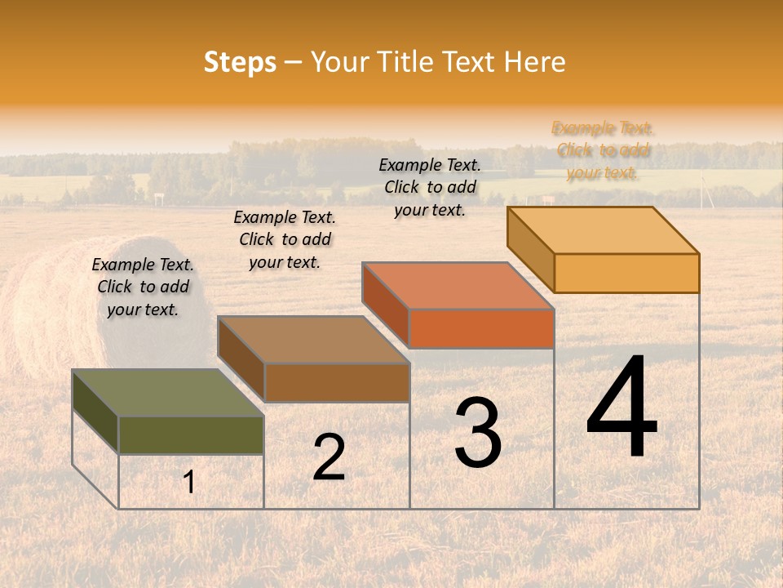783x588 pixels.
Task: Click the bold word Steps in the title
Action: coord(240,62)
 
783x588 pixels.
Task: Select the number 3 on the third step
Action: coord(478,432)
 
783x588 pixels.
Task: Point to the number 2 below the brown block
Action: coord(329,457)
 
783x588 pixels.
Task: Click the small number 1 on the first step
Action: coord(188,483)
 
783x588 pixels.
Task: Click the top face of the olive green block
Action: coord(168,393)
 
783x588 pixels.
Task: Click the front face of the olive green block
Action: coord(191,435)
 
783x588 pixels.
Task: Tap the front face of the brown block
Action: coord(337,382)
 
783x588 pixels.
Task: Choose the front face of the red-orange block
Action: coord(481,328)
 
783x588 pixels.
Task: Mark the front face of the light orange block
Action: coord(626,273)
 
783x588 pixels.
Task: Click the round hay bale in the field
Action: coord(49,310)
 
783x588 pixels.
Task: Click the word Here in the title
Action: coord(535,62)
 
